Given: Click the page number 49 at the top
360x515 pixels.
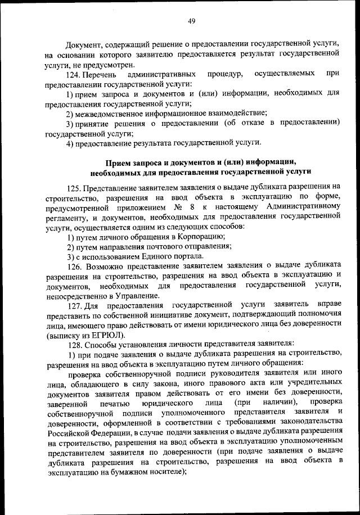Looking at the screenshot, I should tap(191, 21).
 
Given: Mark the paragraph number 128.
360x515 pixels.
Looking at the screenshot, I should tap(75, 343).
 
